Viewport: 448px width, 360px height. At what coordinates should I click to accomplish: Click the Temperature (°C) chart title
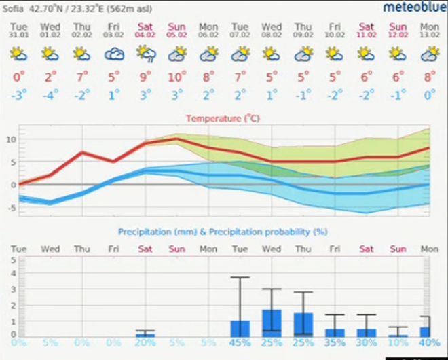click(223, 118)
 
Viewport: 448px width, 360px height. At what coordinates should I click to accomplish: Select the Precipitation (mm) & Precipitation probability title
click(223, 232)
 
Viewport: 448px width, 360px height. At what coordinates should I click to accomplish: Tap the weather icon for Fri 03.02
click(113, 54)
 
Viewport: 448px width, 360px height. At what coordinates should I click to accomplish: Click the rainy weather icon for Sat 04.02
click(145, 54)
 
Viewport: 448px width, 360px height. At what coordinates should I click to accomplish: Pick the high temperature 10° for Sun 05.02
click(177, 77)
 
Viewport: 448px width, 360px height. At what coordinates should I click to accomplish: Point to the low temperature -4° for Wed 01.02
click(50, 93)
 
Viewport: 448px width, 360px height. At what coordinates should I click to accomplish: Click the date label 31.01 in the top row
click(18, 34)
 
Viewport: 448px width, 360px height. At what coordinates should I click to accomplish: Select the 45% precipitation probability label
click(240, 342)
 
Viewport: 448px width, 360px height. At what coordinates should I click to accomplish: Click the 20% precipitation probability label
click(145, 342)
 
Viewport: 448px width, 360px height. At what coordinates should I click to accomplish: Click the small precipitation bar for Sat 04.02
click(145, 335)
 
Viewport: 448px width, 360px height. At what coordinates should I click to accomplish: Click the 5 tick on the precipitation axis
click(12, 259)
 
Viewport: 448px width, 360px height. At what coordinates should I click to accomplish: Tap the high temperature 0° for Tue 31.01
click(18, 77)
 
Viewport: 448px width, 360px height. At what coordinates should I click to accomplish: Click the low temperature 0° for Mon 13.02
click(429, 93)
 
